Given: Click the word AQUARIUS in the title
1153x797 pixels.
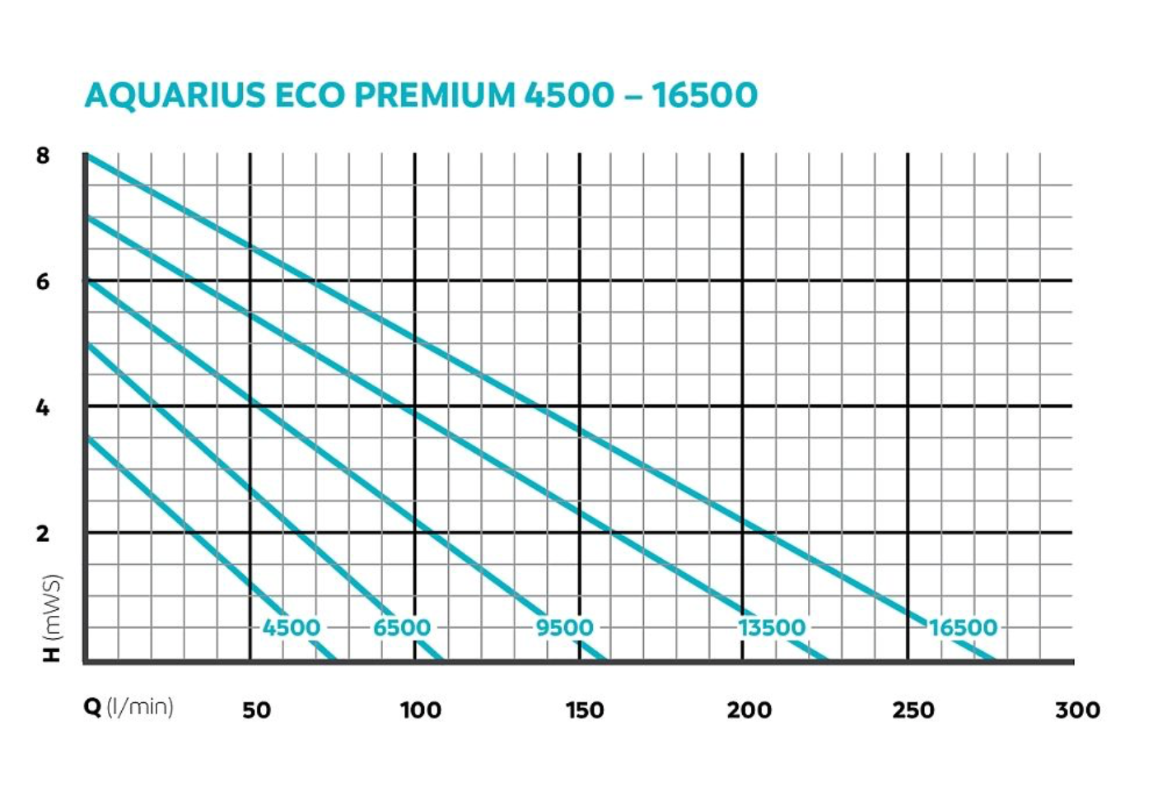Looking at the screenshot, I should coord(175,96).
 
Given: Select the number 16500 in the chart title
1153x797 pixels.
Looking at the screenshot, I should coord(704,96).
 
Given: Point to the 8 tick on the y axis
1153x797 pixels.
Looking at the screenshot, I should coord(43,156).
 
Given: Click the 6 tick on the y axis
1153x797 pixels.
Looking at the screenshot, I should coord(43,282).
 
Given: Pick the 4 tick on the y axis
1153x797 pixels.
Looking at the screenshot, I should coord(43,408).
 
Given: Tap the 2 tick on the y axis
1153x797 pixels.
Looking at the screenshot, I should coord(43,534).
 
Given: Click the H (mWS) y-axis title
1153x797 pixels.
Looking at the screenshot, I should coord(53,618).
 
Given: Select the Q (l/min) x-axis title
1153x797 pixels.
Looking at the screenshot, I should coord(128,707).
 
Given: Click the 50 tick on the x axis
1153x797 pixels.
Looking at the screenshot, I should coord(256,710).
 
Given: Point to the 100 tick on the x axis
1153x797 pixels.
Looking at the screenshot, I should coord(420,710).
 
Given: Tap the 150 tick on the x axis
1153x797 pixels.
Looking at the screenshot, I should coord(584,710).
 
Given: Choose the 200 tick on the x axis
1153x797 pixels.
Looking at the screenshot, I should coord(749,710).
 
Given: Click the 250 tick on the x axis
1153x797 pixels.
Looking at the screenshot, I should coord(913,710).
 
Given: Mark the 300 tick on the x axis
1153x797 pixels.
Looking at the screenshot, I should coord(1077,710).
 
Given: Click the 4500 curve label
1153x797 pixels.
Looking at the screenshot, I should coord(291,627).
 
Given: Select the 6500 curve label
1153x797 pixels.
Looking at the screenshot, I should coord(402,627).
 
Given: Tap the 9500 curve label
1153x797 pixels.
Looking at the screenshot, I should coord(564,627).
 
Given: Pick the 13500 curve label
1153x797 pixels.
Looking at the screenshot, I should coord(772,627).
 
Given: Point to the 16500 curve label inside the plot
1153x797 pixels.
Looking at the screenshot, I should coord(963,627).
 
